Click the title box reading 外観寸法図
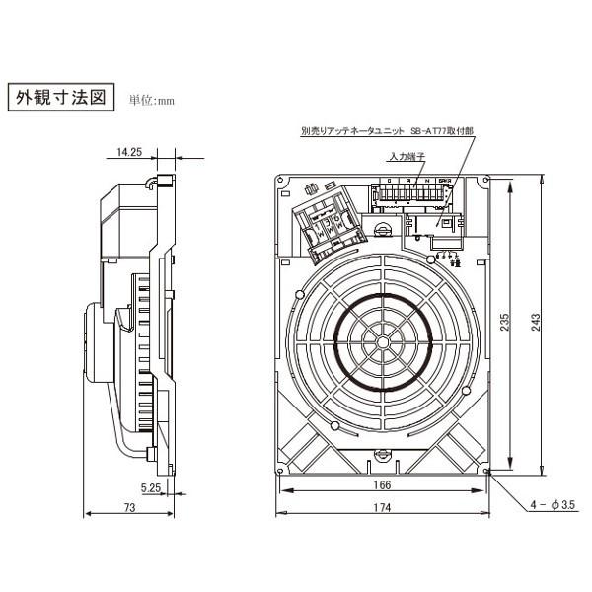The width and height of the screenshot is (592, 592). click(x=60, y=99)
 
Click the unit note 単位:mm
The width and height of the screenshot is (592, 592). click(x=151, y=101)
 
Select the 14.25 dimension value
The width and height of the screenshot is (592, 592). click(x=129, y=153)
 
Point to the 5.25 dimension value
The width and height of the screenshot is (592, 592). click(x=151, y=487)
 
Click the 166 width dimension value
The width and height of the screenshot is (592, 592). click(x=383, y=485)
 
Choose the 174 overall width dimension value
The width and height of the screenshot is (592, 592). click(x=383, y=508)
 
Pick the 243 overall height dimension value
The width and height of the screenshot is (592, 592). click(x=535, y=324)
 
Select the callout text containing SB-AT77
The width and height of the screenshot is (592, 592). click(x=395, y=130)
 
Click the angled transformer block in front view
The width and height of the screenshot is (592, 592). click(x=329, y=227)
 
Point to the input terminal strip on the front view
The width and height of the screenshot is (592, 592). click(x=407, y=194)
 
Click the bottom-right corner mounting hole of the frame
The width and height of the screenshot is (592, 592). click(x=487, y=473)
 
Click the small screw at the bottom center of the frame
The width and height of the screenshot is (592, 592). click(x=383, y=456)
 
